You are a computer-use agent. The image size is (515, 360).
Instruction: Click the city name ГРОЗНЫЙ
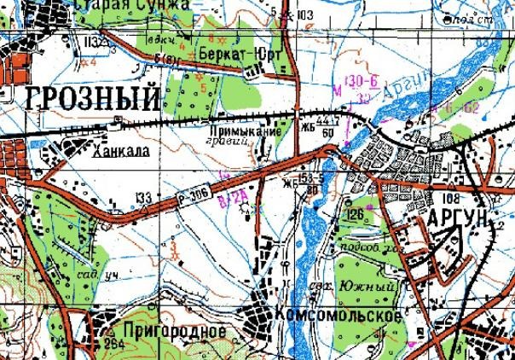93,98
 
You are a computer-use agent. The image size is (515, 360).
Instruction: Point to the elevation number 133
144,198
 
